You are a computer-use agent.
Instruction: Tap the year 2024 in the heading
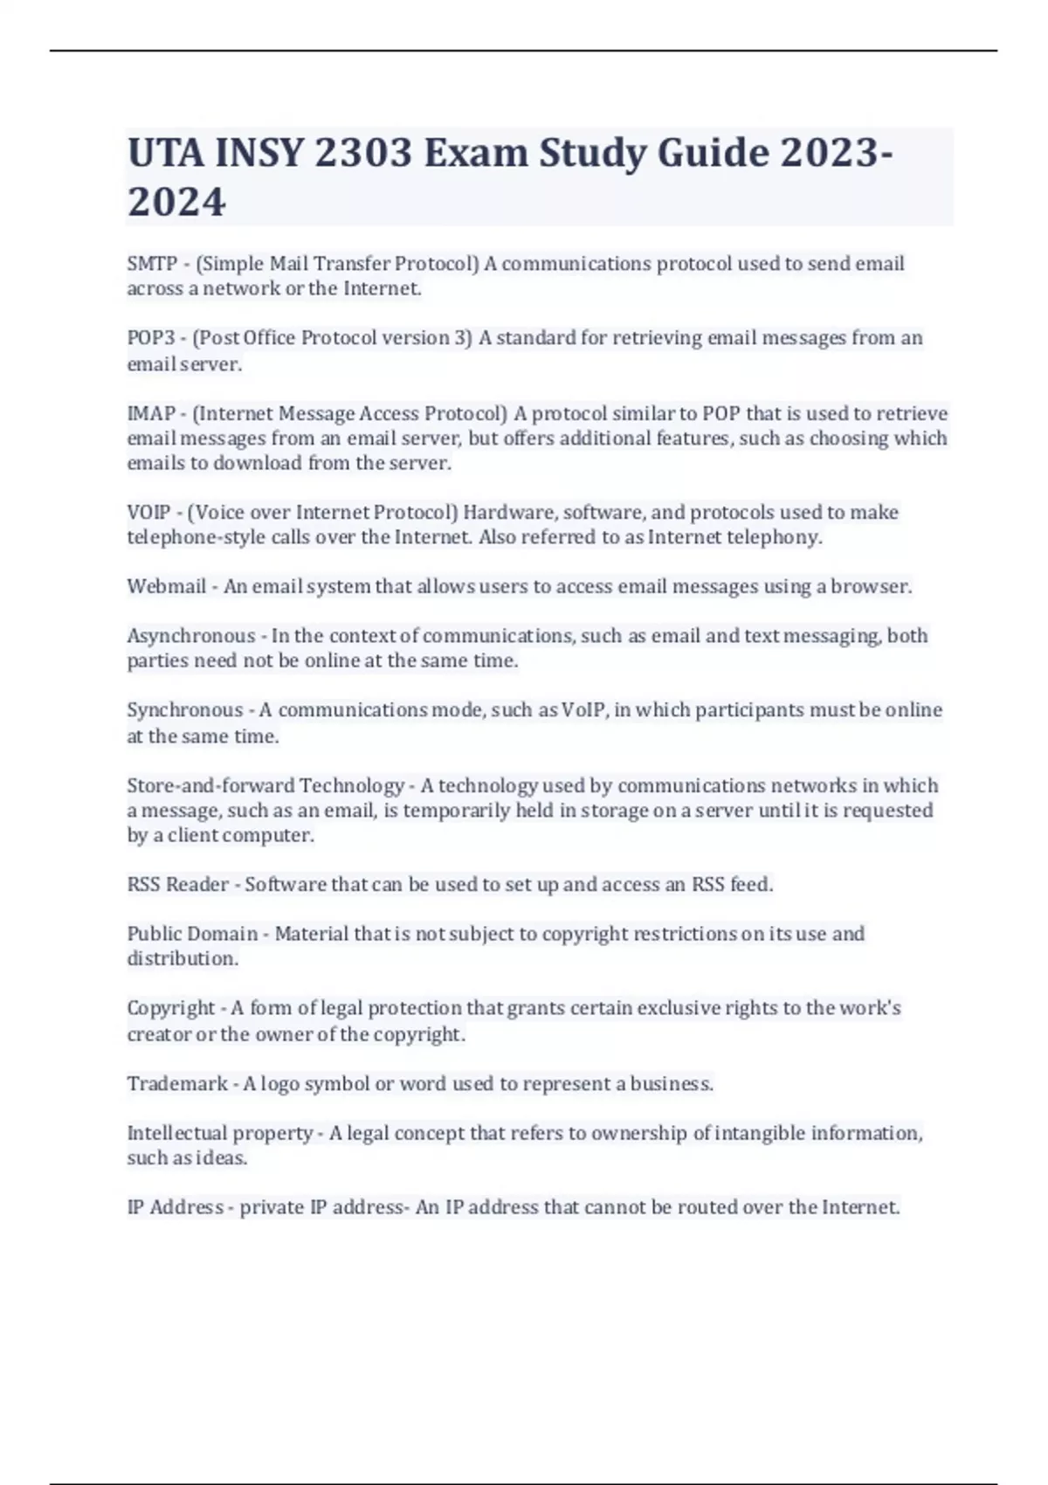point(176,202)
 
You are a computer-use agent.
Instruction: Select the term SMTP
point(152,264)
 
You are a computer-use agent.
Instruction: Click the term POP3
point(151,338)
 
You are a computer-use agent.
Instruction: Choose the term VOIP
point(148,512)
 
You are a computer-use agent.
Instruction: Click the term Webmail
point(166,586)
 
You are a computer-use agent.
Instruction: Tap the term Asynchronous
point(191,636)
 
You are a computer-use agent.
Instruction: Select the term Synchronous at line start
point(185,710)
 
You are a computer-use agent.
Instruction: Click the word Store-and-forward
point(210,785)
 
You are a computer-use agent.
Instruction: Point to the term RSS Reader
point(178,885)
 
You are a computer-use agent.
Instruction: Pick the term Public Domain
point(192,934)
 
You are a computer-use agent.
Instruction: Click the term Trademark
point(177,1084)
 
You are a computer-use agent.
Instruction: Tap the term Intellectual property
point(220,1133)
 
